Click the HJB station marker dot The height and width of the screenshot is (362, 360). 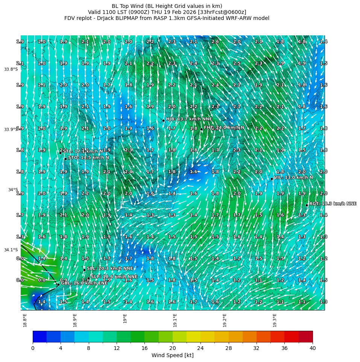163,120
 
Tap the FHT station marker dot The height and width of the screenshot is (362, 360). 201,129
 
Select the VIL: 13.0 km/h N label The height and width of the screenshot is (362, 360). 293,177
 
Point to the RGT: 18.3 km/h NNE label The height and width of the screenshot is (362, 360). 333,204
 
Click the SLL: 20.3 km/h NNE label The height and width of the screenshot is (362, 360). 110,268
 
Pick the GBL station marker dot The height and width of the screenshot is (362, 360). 58,284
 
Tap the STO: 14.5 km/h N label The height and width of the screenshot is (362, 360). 88,157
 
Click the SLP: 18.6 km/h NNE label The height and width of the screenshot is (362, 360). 114,277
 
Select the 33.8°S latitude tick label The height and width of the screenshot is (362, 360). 11,69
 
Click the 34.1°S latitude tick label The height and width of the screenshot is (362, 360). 11,250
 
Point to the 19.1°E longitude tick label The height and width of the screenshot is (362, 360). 175,320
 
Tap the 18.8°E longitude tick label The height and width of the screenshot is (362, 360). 25,320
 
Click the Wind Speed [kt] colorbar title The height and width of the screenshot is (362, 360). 172,355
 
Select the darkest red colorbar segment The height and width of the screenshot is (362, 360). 305,336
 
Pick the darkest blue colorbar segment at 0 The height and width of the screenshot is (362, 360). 39,336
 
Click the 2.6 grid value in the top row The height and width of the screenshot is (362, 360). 215,41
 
